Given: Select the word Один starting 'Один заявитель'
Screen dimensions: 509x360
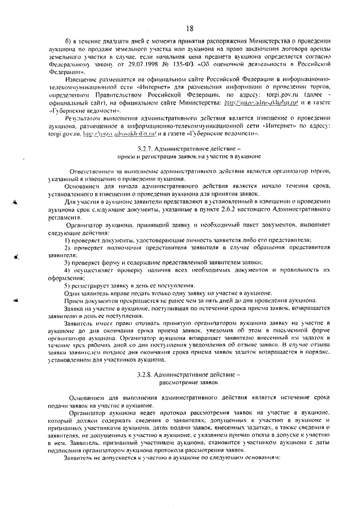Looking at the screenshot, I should pos(73,292).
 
